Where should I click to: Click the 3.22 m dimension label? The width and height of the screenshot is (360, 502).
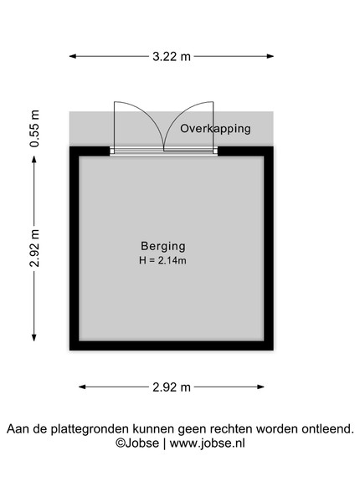pos(172,57)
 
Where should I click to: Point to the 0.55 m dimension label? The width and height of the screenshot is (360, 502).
pos(34,128)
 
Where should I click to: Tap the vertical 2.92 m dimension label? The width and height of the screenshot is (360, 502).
pos(34,248)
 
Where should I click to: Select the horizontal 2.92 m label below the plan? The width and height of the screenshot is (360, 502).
pos(172,387)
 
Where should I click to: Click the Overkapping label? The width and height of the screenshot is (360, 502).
pos(215,129)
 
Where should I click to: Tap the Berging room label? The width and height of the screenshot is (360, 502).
pos(163,246)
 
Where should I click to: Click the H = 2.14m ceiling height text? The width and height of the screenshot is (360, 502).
pos(162,260)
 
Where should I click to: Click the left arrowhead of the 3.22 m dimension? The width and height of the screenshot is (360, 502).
pos(73,56)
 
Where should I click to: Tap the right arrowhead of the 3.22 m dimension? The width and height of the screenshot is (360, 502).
pos(270,56)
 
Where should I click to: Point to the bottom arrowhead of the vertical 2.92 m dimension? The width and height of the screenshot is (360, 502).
pos(34,337)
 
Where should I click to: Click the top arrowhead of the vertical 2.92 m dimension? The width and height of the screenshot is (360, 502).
pos(34,160)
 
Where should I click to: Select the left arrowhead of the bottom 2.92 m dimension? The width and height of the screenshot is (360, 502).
pos(82,387)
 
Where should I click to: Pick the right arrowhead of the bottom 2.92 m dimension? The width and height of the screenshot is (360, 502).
pos(260,387)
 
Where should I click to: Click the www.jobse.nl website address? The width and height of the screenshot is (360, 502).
pos(208,443)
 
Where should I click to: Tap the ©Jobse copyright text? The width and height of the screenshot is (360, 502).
pos(137,443)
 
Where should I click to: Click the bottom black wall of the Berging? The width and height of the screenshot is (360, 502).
pos(172,346)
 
